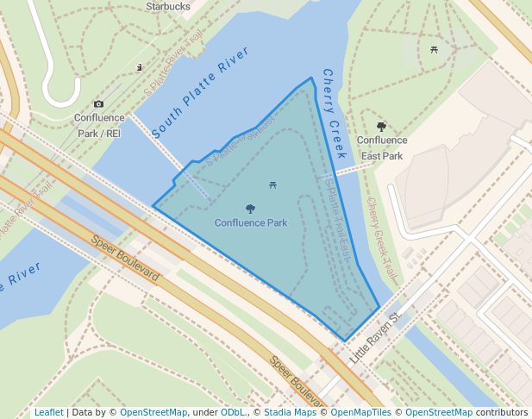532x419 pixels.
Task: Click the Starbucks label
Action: (x=167, y=6)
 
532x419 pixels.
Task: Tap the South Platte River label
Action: (x=200, y=93)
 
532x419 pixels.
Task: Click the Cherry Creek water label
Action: (x=334, y=114)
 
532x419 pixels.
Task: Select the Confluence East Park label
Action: (x=382, y=148)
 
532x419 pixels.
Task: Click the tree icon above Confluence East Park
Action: (x=382, y=127)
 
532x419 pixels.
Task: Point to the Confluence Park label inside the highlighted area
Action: (x=251, y=223)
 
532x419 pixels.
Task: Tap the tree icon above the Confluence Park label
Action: (x=251, y=209)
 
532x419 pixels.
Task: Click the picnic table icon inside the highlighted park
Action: (x=273, y=184)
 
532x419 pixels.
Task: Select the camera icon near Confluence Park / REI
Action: (x=98, y=104)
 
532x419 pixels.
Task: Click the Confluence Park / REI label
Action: (x=100, y=126)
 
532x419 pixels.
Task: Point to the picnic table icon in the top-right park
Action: (x=434, y=49)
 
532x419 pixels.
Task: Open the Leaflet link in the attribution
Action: (x=48, y=412)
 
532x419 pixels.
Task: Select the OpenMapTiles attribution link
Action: (x=362, y=412)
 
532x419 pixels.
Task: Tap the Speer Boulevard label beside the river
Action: (x=125, y=260)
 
